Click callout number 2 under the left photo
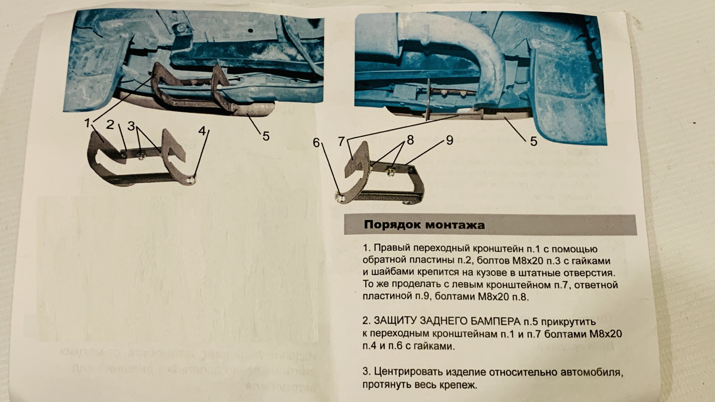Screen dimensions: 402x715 pos(110,125)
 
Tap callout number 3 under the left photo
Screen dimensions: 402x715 pos(131,126)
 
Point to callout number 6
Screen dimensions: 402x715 pos(316,143)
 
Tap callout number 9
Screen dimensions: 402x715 pos(449,140)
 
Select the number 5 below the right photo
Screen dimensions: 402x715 pos(533,141)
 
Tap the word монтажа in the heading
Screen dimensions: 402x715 pos(455,225)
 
